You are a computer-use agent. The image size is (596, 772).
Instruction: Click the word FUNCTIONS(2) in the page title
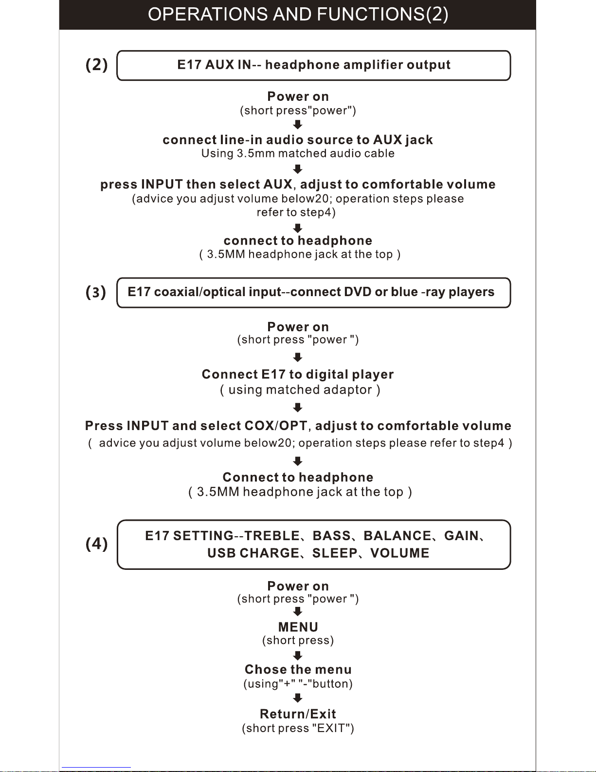tap(382, 15)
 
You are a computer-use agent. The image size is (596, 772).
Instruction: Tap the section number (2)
tap(97, 65)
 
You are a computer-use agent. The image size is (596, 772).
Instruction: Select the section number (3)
tap(96, 292)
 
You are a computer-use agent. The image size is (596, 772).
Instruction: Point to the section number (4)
tap(97, 544)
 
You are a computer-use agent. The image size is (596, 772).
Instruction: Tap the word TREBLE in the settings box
tap(272, 536)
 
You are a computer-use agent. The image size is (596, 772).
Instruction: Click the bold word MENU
tap(298, 627)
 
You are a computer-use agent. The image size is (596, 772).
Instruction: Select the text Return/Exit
tap(298, 714)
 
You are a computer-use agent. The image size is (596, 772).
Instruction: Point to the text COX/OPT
tap(276, 426)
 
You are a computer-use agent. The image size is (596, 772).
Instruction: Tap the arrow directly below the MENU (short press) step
tap(298, 655)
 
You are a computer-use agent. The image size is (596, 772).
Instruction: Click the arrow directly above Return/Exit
tap(298, 698)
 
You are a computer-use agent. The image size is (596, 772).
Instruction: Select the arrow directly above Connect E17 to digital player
tap(298, 357)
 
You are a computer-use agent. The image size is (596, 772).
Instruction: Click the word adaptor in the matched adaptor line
tap(349, 390)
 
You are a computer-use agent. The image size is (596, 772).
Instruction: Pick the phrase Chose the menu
tap(298, 670)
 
